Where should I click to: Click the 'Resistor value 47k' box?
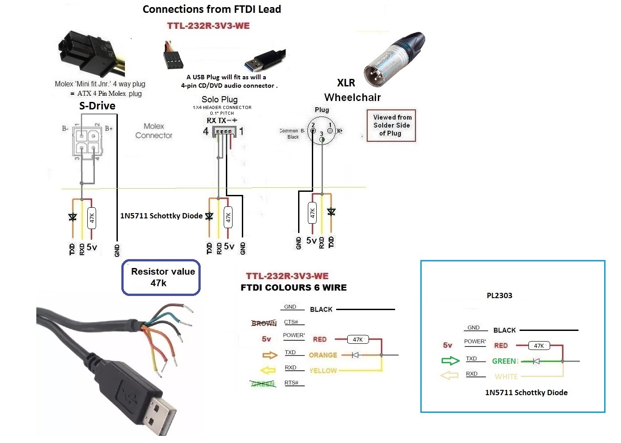pyautogui.click(x=161, y=277)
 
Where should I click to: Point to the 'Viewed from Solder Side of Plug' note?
pyautogui.click(x=392, y=125)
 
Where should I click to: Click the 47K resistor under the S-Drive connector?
pyautogui.click(x=92, y=218)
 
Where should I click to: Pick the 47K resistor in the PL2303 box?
pyautogui.click(x=539, y=346)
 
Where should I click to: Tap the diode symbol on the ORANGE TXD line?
pyautogui.click(x=355, y=355)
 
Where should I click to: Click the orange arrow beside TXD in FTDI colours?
pyautogui.click(x=269, y=355)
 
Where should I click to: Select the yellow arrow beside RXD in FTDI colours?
pyautogui.click(x=268, y=370)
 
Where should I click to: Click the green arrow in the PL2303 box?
pyautogui.click(x=450, y=361)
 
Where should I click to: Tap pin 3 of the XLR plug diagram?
pyautogui.click(x=322, y=140)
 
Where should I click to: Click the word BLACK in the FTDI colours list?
pyautogui.click(x=321, y=309)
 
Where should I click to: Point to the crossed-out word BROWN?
pyautogui.click(x=264, y=323)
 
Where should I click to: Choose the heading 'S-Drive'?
pyautogui.click(x=97, y=106)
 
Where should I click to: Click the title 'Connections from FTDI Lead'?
pyautogui.click(x=212, y=9)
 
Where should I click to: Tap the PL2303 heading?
pyautogui.click(x=499, y=295)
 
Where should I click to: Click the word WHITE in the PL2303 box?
pyautogui.click(x=506, y=377)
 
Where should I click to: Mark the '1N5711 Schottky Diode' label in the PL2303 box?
pyautogui.click(x=526, y=392)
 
